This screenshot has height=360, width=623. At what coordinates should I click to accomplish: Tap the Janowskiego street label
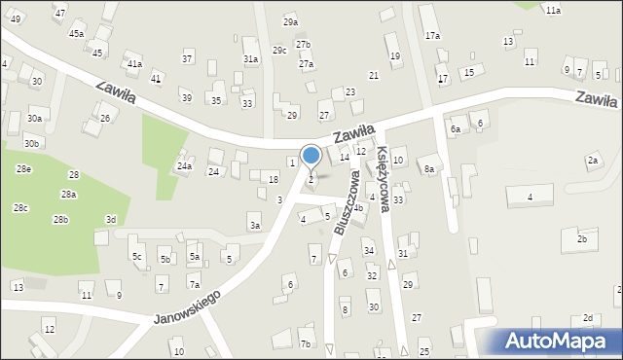click(187, 306)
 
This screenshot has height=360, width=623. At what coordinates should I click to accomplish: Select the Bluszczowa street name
click(346, 201)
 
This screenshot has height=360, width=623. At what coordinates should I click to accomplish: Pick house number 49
click(15, 18)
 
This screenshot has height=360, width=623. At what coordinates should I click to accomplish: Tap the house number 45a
click(76, 33)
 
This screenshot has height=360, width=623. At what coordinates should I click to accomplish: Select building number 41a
click(134, 64)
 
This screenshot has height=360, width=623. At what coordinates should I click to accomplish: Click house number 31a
click(250, 59)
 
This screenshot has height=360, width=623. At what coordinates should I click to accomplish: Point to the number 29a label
click(290, 21)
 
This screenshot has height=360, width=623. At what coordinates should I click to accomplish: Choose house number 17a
click(432, 35)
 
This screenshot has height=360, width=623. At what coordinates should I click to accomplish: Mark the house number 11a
click(553, 10)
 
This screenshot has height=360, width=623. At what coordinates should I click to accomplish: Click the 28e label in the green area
click(23, 169)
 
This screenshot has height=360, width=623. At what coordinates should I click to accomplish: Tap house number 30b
click(33, 144)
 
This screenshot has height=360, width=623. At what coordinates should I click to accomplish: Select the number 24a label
click(184, 166)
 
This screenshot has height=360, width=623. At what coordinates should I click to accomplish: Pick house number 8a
click(428, 168)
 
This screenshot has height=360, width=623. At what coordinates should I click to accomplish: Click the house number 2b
click(582, 238)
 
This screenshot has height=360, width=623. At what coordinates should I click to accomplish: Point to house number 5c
click(137, 257)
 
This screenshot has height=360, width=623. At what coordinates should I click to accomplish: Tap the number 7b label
click(305, 343)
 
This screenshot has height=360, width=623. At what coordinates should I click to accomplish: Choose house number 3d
click(111, 220)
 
